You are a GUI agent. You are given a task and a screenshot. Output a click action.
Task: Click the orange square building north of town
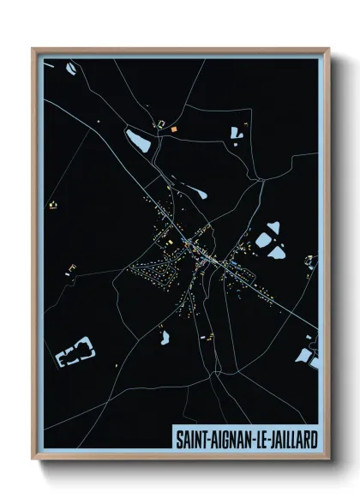tap(173, 129)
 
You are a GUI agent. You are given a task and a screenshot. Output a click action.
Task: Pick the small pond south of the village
tap(164, 337)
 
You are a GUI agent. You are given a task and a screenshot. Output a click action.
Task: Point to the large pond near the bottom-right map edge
tap(306, 353)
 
